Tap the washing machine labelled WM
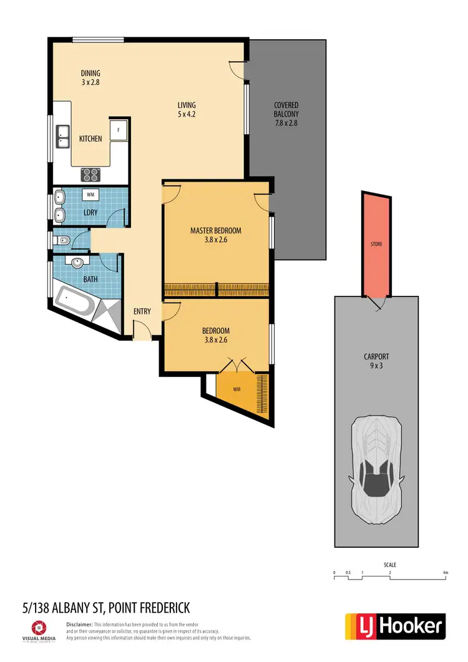(90, 195)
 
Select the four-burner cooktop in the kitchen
(90, 175)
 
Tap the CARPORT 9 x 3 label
(376, 362)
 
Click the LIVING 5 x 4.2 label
(187, 110)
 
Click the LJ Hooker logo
(395, 626)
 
